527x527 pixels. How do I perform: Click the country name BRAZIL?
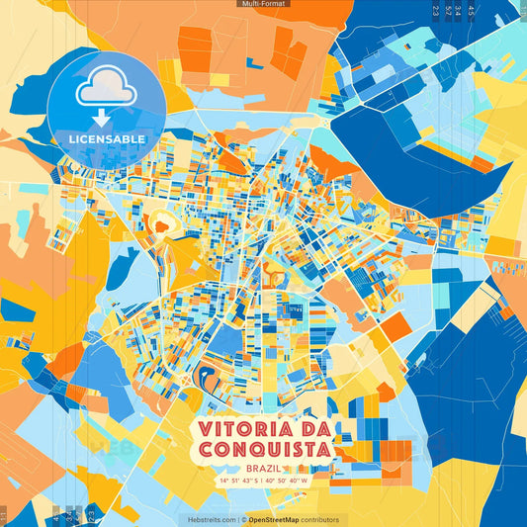pos(263,469)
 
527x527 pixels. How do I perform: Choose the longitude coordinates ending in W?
pos(287,481)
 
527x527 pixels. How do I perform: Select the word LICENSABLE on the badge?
pos(106,137)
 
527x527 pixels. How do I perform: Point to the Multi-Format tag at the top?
pos(263,4)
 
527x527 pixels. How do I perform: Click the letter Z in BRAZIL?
pos(271,469)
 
